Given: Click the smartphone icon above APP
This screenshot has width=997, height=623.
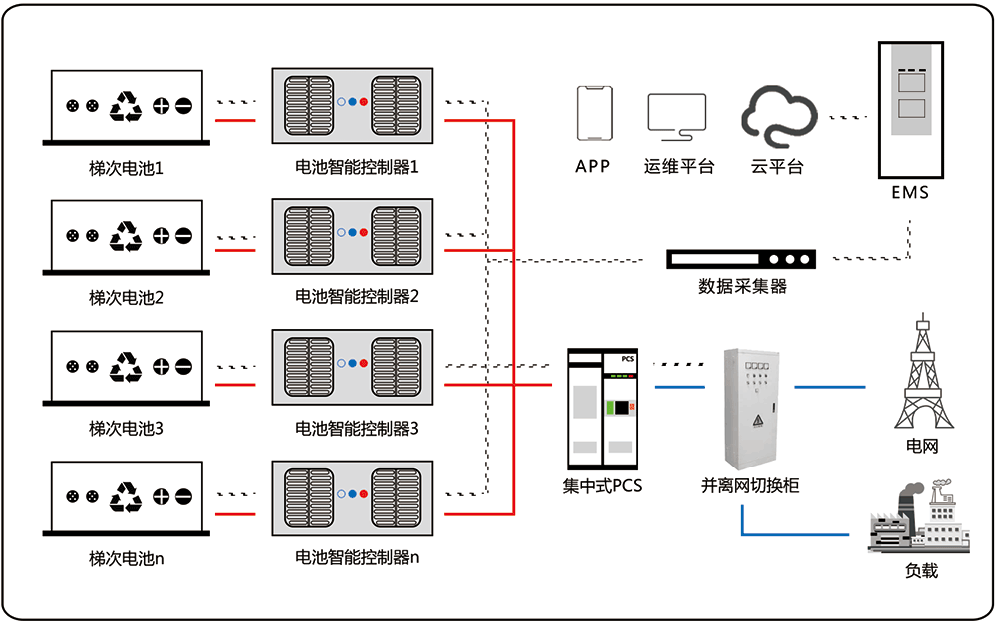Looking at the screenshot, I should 593,115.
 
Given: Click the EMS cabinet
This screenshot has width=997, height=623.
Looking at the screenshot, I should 910,109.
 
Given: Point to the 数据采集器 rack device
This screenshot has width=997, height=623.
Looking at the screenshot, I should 741,260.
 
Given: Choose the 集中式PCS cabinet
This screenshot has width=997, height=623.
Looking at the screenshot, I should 601,409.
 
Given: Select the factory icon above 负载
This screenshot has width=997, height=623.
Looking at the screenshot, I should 919,518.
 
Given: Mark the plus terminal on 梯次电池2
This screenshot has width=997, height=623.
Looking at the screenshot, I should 162,236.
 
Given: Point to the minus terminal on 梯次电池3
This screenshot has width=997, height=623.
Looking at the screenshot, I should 184,366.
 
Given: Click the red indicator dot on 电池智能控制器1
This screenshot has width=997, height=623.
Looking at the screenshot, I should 364,102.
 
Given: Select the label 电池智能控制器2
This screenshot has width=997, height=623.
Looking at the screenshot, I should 357,296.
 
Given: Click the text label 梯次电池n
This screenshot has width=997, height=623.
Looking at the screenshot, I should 126,558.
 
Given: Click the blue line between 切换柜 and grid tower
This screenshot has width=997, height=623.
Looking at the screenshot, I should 830,385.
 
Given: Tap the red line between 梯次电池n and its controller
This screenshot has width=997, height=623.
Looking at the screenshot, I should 235,514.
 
